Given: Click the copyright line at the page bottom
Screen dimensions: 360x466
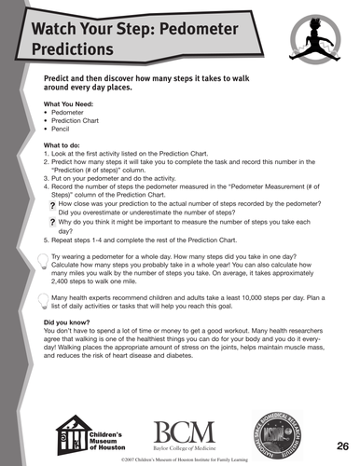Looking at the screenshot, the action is (x=180, y=459).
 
